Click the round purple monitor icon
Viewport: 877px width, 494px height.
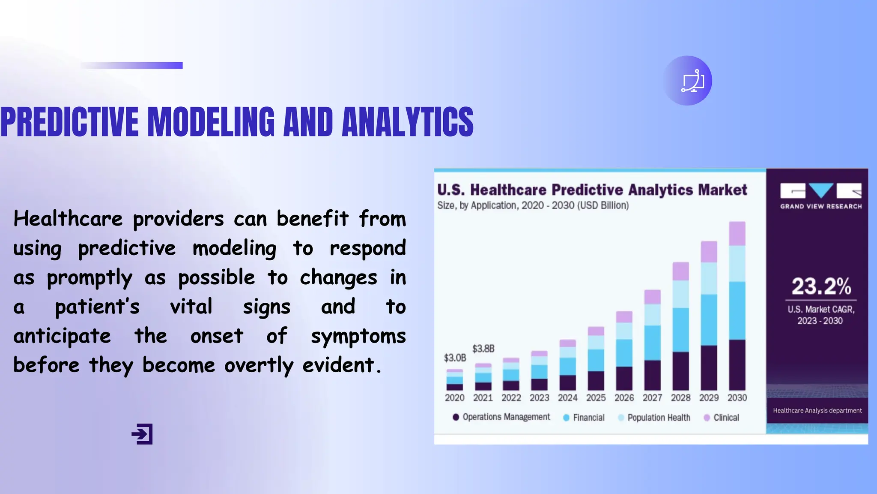[x=688, y=81]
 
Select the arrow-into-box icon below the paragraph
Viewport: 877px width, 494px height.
[x=142, y=434]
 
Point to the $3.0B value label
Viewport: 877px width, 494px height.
[x=455, y=358]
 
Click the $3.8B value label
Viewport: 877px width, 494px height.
[x=483, y=349]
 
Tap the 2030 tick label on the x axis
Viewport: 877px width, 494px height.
[x=737, y=398]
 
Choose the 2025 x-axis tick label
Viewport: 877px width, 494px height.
[x=596, y=398]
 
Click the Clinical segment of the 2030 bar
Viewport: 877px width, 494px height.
[x=737, y=233]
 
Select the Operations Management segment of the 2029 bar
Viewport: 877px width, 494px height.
[x=709, y=367]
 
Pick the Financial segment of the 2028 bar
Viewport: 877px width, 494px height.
[x=680, y=330]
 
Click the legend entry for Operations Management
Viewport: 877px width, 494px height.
[x=501, y=417]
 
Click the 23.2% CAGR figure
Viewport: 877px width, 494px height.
[x=821, y=286]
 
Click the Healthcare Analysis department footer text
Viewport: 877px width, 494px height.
[x=817, y=411]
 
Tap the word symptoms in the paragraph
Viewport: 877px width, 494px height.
[x=358, y=336]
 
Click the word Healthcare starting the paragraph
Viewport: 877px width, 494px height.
[x=68, y=219]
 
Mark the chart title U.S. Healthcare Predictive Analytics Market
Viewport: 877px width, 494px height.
[x=592, y=190]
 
